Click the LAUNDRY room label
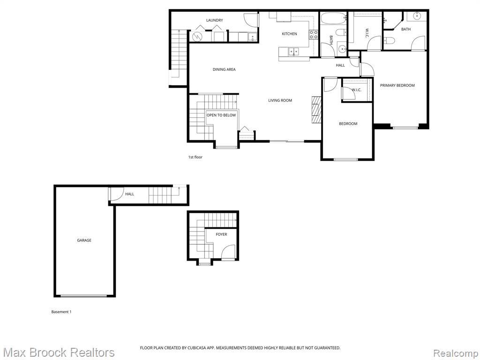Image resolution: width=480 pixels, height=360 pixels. (x=214, y=20)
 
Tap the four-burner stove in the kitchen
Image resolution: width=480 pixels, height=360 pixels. (x=314, y=35)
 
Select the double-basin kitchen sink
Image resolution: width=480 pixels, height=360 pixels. (x=293, y=52)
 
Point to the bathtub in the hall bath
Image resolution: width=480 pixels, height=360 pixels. (x=333, y=18)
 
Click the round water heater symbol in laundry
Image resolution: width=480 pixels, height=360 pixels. (x=196, y=37)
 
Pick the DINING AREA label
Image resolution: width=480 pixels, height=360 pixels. (x=224, y=69)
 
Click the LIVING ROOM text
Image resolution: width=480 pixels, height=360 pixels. (x=280, y=100)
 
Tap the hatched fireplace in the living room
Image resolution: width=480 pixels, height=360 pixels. (x=316, y=110)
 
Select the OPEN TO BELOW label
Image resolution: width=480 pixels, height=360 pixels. (x=221, y=115)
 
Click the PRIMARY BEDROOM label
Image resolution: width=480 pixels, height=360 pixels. (x=397, y=85)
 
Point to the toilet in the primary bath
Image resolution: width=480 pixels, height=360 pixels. (x=389, y=40)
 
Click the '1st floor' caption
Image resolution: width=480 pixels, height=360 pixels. (x=195, y=157)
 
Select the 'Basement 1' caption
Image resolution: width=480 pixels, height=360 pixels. (x=61, y=312)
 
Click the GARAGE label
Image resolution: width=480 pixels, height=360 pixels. (x=84, y=240)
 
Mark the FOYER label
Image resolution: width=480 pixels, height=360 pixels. (x=221, y=234)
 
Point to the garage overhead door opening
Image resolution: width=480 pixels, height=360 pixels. (x=83, y=296)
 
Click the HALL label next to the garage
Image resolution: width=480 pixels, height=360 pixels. (x=129, y=194)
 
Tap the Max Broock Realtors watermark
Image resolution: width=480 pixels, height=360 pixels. (x=59, y=352)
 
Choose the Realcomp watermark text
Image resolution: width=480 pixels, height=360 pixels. (x=456, y=353)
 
